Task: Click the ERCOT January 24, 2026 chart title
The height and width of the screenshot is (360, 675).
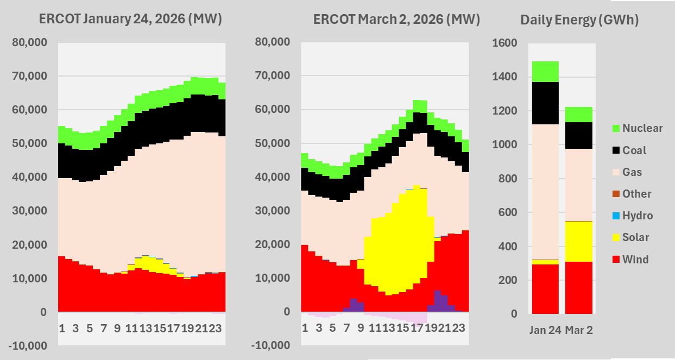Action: click(131, 20)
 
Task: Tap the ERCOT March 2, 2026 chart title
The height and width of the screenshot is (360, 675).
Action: click(397, 20)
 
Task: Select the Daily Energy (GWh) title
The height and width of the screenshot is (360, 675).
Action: click(579, 20)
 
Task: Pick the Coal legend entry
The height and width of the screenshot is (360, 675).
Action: click(634, 150)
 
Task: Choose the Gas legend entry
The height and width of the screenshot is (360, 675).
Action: click(632, 172)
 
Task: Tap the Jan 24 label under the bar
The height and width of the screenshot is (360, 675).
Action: click(545, 330)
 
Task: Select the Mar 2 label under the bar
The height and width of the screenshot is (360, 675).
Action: click(579, 330)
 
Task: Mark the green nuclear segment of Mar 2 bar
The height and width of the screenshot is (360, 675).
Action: click(579, 115)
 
